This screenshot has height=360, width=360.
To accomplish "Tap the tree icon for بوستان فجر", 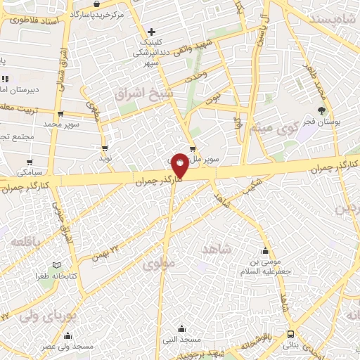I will click(x=323, y=110).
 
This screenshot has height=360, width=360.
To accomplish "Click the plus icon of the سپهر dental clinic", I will click(x=151, y=32).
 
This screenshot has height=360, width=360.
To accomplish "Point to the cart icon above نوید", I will click(x=105, y=148).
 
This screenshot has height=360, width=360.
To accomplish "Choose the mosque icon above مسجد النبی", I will click(x=181, y=328).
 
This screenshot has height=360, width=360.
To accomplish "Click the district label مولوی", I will click(x=156, y=265).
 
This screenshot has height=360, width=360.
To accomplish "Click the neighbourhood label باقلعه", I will click(x=26, y=241).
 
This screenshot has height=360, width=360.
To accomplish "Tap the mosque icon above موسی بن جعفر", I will click(x=265, y=251).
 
